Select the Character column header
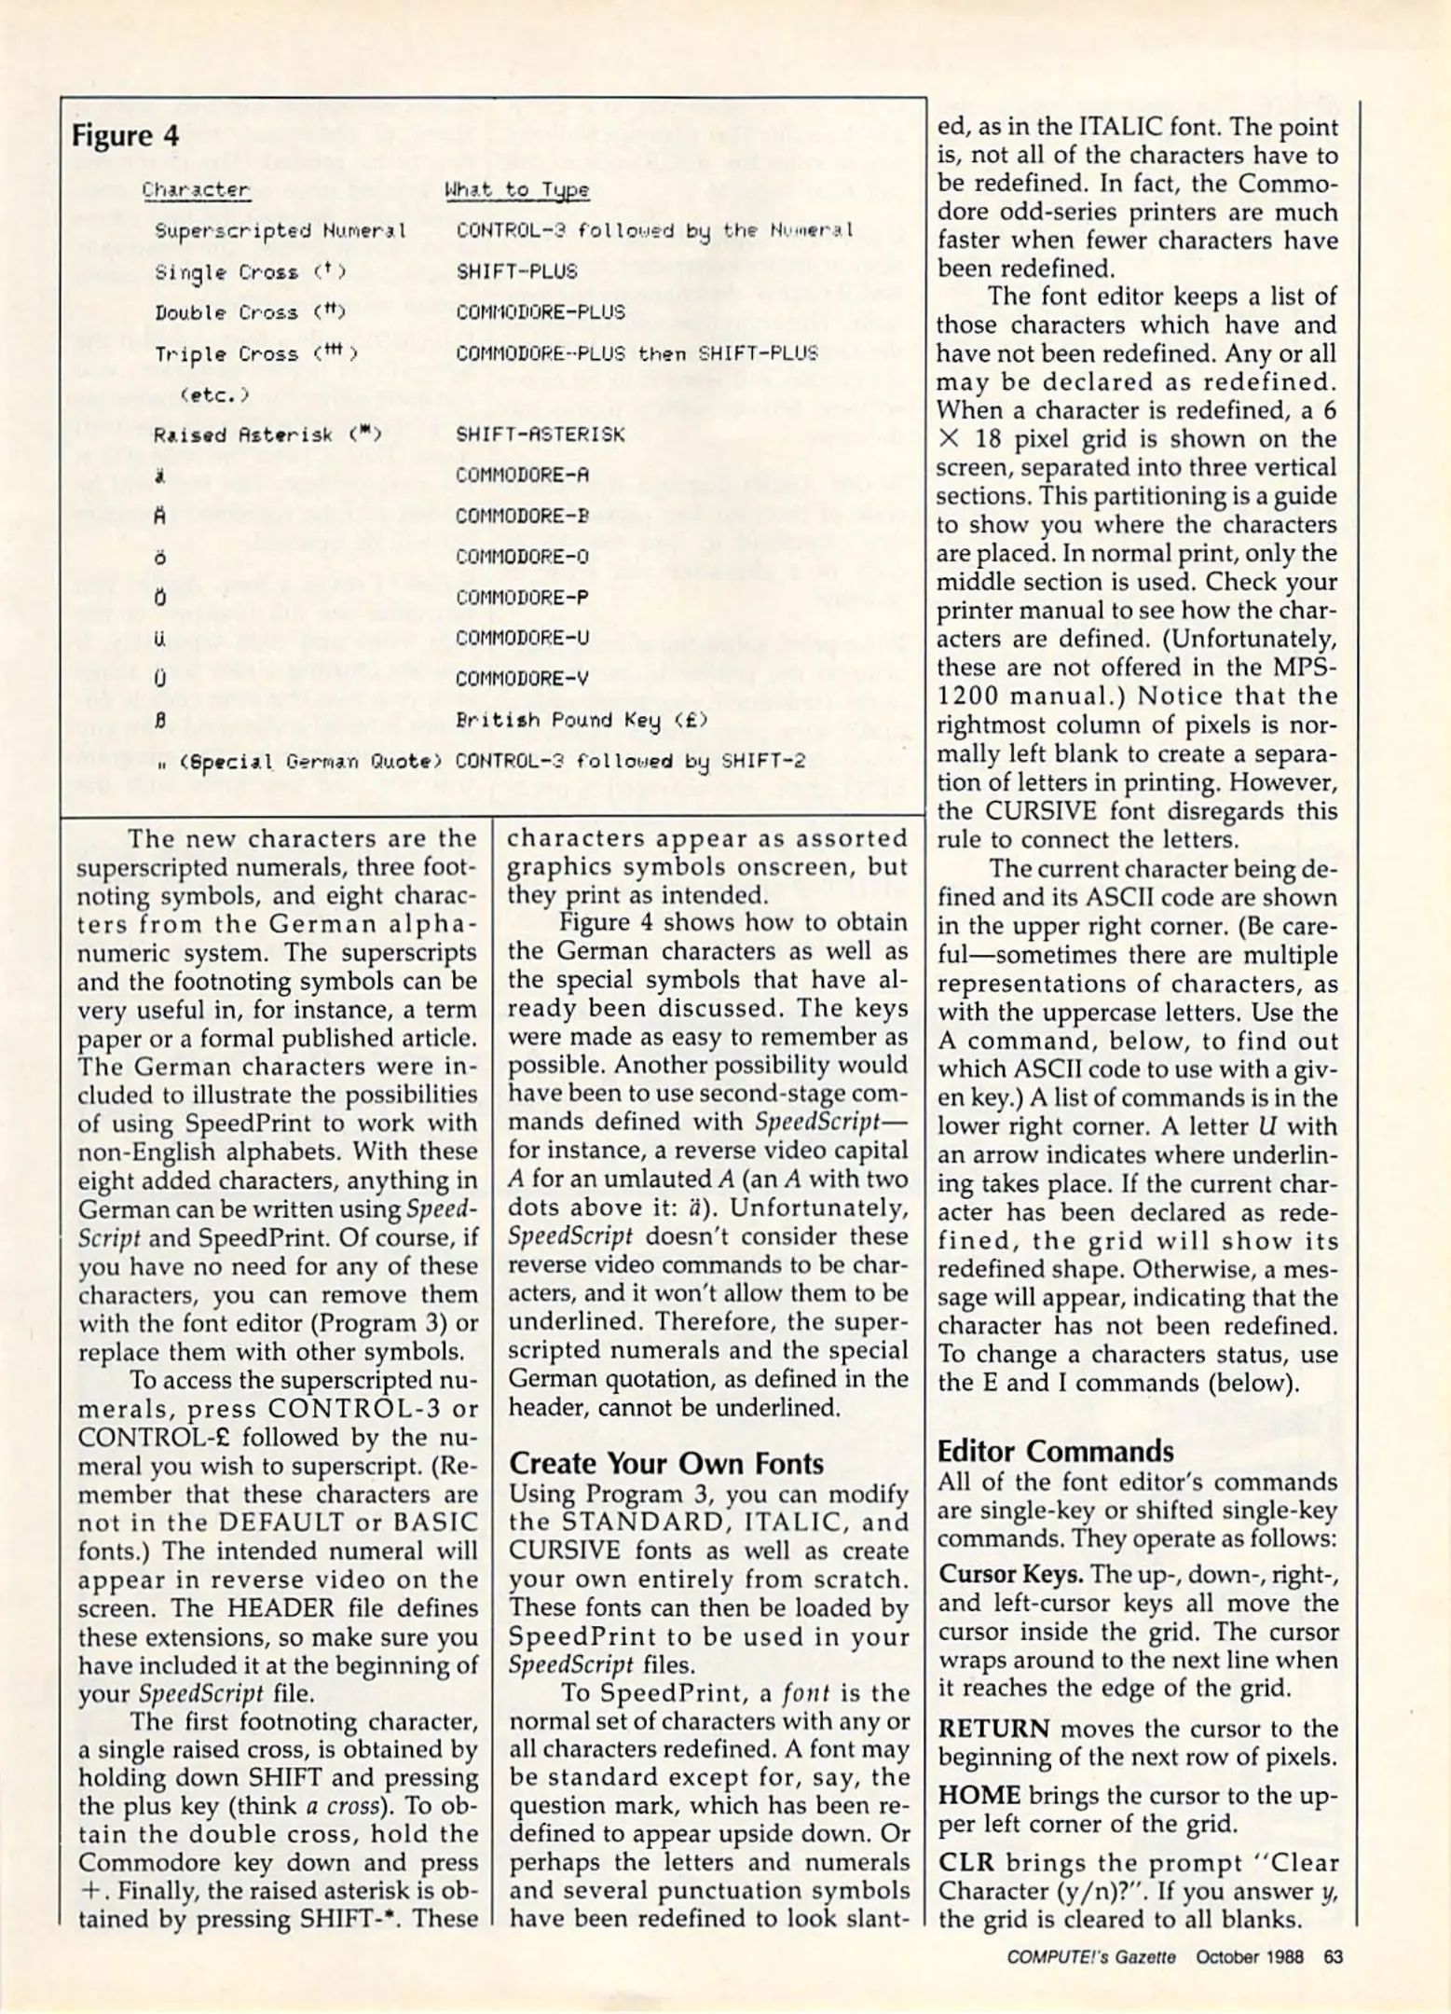coord(196,190)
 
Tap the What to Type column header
coord(516,190)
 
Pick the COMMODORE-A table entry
coord(523,476)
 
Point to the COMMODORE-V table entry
coord(523,679)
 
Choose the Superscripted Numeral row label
coord(280,230)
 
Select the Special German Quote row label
coord(296,761)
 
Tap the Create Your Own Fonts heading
coord(665,1463)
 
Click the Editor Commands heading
coord(1055,1451)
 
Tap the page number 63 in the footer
coord(1333,1956)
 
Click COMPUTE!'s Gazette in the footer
coord(1090,1956)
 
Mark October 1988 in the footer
coord(1249,1956)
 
